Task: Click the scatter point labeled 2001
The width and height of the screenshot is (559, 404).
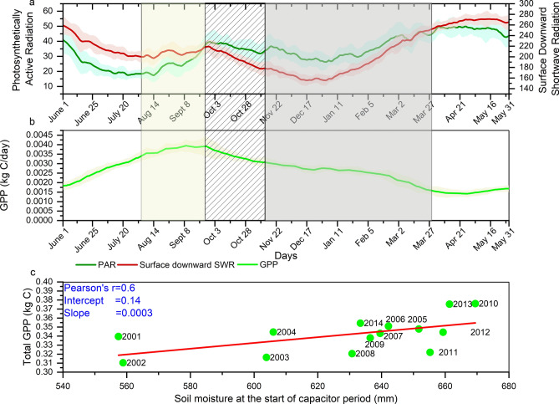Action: pyautogui.click(x=118, y=336)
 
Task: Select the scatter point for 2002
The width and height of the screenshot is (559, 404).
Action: pyautogui.click(x=123, y=362)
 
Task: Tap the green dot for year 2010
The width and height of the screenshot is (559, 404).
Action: pyautogui.click(x=475, y=304)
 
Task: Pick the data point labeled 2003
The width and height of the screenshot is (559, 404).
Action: pyautogui.click(x=267, y=357)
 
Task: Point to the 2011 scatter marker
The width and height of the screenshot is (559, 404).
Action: pyautogui.click(x=430, y=352)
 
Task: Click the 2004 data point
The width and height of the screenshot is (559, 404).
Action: pyautogui.click(x=273, y=332)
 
